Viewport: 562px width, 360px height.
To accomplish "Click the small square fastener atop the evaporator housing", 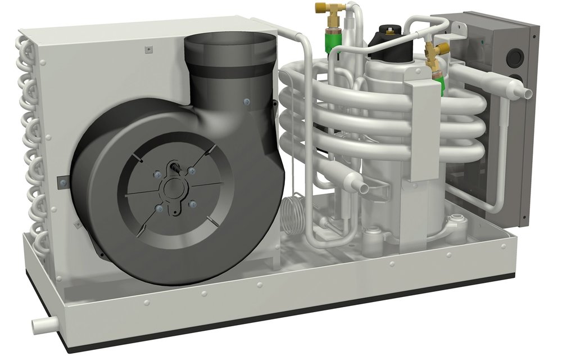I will (x=147, y=49).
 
